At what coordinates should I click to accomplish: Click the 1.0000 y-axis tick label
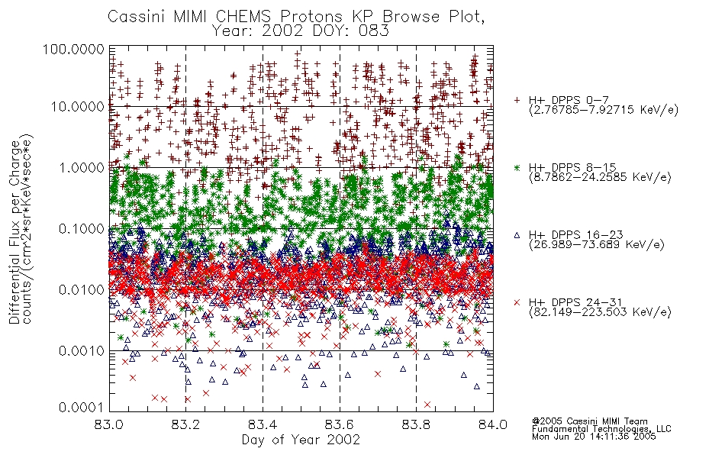coord(82,167)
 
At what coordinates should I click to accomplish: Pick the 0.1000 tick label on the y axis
coord(82,228)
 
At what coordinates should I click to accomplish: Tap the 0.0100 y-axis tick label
coord(82,289)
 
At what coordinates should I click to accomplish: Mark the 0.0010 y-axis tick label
coord(82,350)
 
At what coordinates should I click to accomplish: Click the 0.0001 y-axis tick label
coord(82,407)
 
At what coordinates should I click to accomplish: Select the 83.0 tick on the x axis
coord(109,424)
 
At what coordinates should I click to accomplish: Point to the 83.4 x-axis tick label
coord(263,424)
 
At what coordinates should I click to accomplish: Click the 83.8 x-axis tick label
coord(416,424)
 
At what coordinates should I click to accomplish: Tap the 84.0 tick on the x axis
coord(493,424)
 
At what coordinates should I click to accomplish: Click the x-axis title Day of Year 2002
coord(301,440)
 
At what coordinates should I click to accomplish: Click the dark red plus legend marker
coord(517,100)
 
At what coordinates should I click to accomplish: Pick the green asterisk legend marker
coord(517,167)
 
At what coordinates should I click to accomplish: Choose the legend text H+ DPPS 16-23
coord(576,234)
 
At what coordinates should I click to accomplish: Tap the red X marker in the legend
coord(517,302)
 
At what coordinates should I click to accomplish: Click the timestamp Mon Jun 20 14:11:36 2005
coord(594,437)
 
